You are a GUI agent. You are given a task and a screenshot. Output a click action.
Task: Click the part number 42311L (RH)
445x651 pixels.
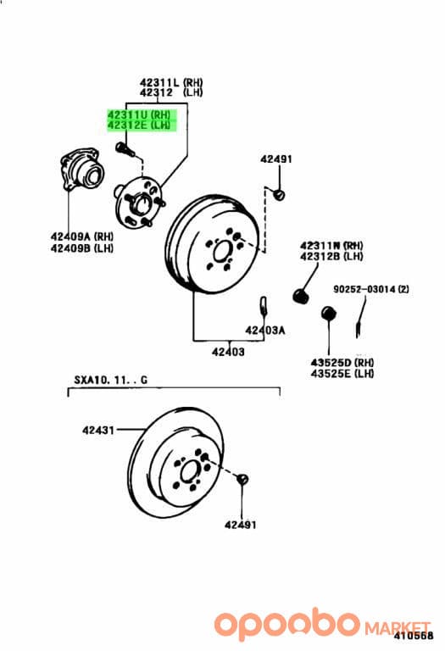(x=171, y=81)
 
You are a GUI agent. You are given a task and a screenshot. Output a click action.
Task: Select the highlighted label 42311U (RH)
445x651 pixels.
(x=139, y=114)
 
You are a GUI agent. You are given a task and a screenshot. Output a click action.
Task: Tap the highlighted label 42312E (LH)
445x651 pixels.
(x=139, y=125)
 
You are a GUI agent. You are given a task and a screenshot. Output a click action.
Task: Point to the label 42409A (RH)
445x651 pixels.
(x=81, y=236)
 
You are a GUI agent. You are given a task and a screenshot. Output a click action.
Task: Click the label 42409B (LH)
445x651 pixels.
(x=81, y=248)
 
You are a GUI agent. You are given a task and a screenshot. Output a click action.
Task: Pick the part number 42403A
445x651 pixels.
(x=264, y=331)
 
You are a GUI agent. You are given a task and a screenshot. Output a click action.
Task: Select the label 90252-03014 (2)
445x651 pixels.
(x=370, y=289)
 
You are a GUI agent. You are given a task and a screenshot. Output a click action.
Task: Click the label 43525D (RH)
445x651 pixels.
(x=342, y=363)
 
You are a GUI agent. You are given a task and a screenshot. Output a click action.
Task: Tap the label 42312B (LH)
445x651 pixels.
(x=331, y=256)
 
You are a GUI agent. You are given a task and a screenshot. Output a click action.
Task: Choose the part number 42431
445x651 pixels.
(x=98, y=430)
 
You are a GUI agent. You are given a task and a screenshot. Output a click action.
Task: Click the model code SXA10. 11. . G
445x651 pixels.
(x=110, y=380)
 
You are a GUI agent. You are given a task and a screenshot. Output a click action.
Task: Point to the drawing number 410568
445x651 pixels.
(x=413, y=635)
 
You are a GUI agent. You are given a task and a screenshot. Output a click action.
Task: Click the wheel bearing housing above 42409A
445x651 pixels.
(x=80, y=170)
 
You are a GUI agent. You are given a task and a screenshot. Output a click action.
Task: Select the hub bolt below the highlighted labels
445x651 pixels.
(x=125, y=149)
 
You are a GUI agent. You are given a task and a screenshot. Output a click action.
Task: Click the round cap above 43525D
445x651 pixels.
(x=329, y=313)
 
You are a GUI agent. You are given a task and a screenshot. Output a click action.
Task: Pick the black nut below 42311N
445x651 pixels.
(x=302, y=295)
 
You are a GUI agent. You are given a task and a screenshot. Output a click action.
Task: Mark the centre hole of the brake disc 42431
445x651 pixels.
(x=189, y=471)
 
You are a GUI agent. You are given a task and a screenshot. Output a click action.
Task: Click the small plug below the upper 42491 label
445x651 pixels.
(x=280, y=194)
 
